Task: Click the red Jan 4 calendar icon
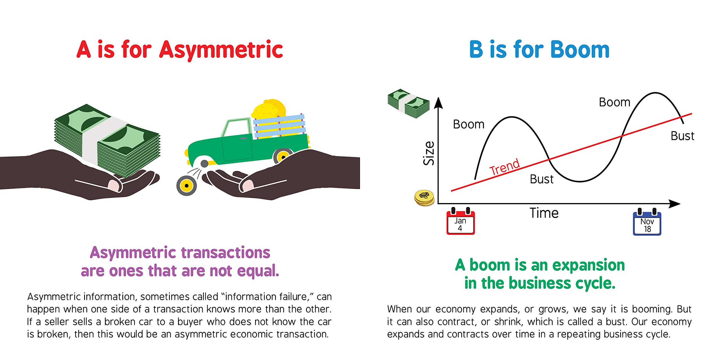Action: coord(461,221)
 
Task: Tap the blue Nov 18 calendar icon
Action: coord(647,222)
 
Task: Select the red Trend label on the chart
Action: coord(505,167)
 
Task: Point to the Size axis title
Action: coord(429,153)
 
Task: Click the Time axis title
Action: coord(544,213)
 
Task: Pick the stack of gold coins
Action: coord(424,198)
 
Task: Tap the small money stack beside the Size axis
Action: coord(408,103)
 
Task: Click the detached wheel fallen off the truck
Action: coord(186,186)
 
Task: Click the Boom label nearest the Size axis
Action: coord(469,124)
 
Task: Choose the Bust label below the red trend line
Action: coord(542,179)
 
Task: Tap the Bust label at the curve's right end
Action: coord(683,136)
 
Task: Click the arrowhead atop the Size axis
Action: coord(438,103)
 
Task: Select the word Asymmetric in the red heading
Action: coord(221,50)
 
